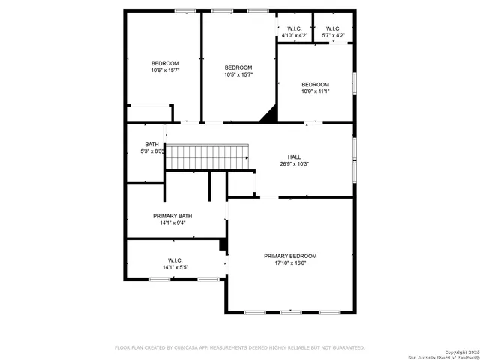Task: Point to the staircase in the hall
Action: (206, 158)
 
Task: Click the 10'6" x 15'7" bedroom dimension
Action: (165, 70)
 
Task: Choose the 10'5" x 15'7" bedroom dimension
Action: (238, 74)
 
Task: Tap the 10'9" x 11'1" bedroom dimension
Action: (315, 91)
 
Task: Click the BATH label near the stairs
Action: (151, 145)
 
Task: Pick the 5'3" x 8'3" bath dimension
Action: (152, 151)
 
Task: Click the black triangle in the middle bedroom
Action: (269, 114)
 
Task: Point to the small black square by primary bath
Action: (223, 244)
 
